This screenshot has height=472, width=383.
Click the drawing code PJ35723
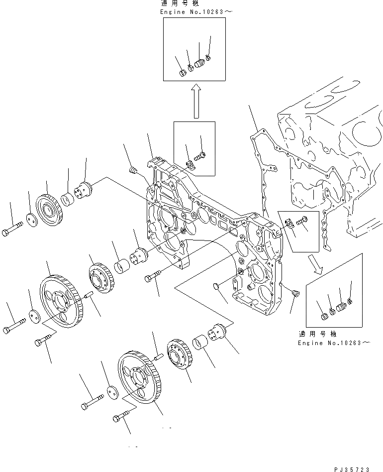353,469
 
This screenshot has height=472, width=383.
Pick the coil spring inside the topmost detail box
199,64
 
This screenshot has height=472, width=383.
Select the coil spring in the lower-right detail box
341,308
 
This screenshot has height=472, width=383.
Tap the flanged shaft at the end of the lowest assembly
219,332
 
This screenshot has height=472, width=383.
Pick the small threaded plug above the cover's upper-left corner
132,171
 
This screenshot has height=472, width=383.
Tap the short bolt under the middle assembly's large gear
42,343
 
